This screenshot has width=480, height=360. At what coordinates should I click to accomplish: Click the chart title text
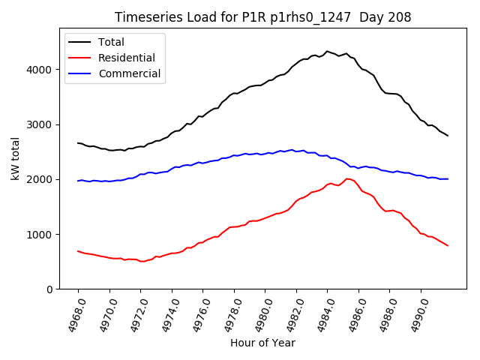pyautogui.click(x=262, y=17)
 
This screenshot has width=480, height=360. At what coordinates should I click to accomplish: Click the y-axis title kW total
pyautogui.click(x=16, y=159)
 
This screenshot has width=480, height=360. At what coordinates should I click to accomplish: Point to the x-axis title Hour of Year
pyautogui.click(x=262, y=343)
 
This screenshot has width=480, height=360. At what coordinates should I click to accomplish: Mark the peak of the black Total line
pyautogui.click(x=327, y=51)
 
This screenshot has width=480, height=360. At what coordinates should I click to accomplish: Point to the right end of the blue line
pyautogui.click(x=448, y=179)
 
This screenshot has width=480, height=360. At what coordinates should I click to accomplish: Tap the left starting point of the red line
pyautogui.click(x=78, y=251)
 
